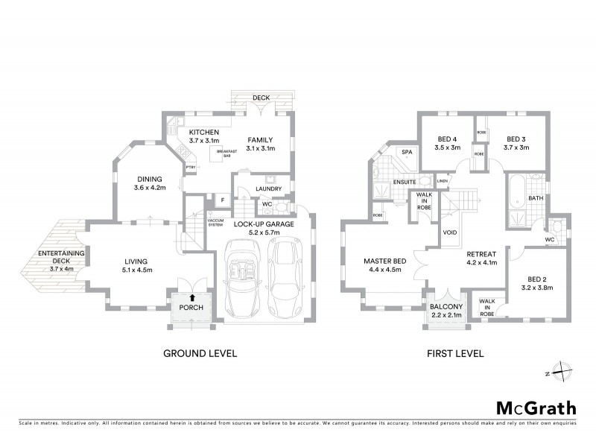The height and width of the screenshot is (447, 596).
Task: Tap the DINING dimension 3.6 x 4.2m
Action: (x=149, y=188)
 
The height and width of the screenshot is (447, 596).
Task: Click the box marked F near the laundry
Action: (x=221, y=200)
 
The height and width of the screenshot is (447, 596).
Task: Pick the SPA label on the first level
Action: (x=407, y=152)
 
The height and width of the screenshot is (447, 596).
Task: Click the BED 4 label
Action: (x=447, y=139)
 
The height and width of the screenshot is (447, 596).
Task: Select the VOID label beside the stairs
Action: (x=449, y=232)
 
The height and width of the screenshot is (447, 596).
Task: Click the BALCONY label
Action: (x=447, y=307)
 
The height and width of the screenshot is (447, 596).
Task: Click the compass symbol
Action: (x=560, y=372)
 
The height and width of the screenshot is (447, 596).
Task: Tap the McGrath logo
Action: (x=536, y=408)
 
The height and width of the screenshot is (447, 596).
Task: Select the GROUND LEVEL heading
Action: (x=200, y=354)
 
